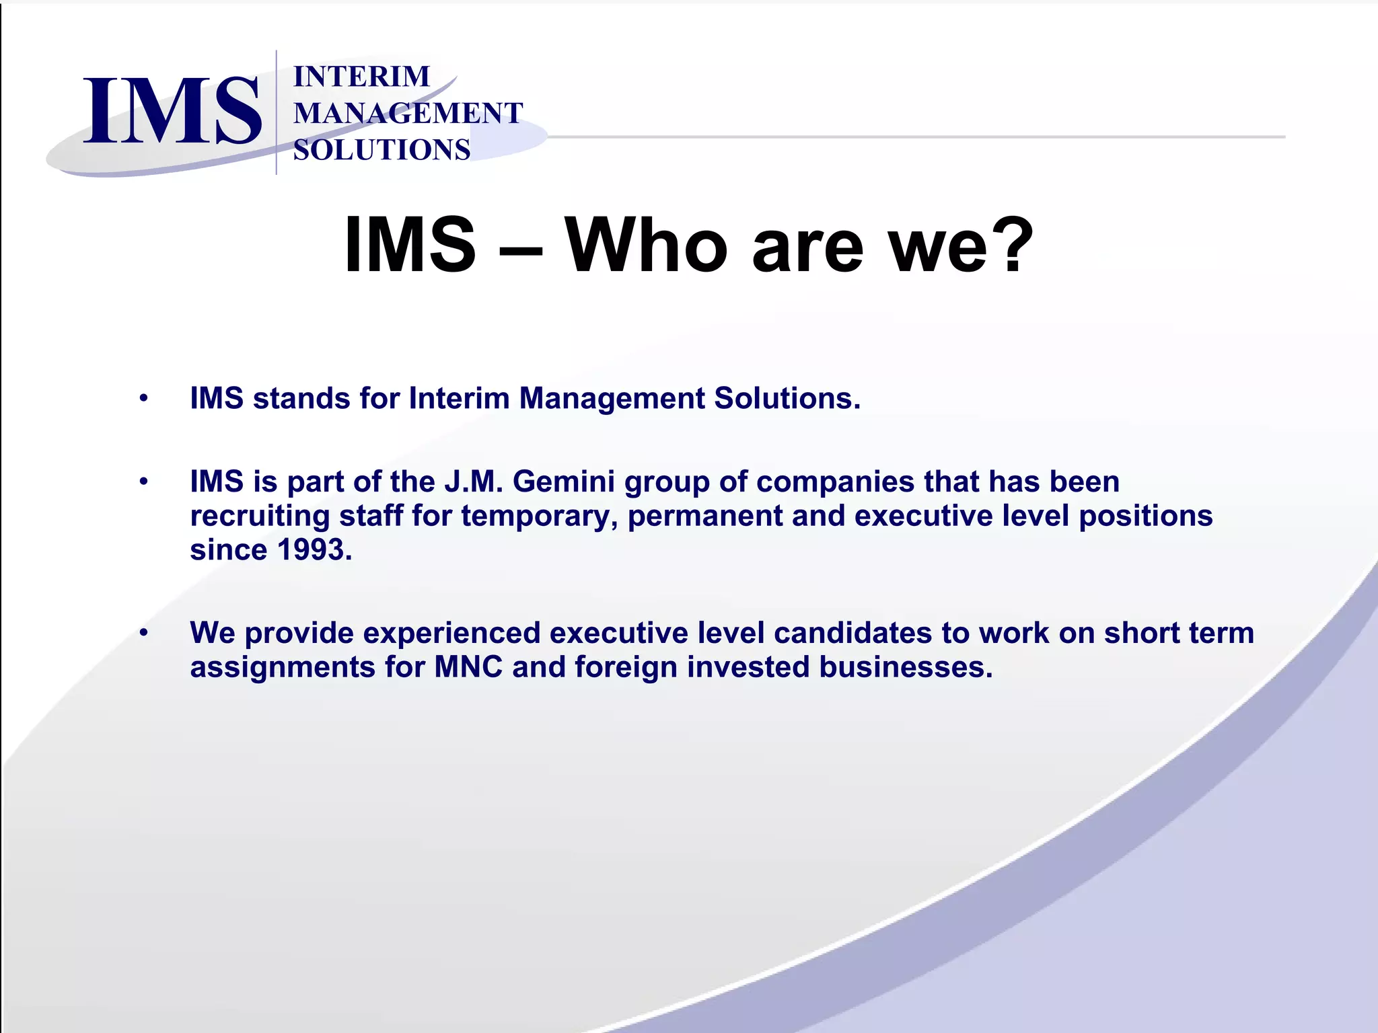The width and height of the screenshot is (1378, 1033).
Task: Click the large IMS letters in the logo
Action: tap(172, 111)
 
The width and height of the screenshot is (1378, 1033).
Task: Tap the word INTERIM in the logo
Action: tap(361, 77)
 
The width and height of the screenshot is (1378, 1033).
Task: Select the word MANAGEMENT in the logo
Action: tap(408, 113)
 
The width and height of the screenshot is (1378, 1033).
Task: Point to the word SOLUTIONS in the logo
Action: tap(382, 149)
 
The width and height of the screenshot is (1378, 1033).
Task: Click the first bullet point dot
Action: tap(143, 398)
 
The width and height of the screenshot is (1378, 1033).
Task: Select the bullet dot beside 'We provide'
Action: tap(143, 633)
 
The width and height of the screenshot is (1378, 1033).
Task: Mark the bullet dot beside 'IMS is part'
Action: tap(143, 482)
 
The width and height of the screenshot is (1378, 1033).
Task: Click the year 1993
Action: tap(314, 549)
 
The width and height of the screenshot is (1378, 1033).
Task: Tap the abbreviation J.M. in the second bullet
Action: tap(473, 482)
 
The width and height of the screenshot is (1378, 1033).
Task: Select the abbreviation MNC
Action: tap(468, 667)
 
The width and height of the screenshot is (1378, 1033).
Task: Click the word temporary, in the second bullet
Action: tap(540, 516)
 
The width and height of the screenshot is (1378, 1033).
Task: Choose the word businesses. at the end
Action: tap(906, 667)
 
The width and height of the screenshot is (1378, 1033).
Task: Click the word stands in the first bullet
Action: tap(301, 398)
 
